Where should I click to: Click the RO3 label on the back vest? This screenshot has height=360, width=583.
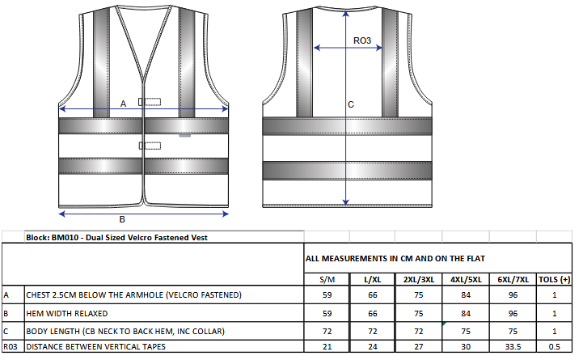(x=361, y=40)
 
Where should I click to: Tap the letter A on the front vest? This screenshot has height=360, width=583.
(x=123, y=104)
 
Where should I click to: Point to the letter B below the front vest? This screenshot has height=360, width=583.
(x=122, y=219)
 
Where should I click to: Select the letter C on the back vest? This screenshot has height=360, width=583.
(x=351, y=104)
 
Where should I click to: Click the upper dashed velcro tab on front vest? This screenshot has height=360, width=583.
(x=150, y=102)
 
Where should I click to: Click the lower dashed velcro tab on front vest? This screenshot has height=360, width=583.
(x=150, y=146)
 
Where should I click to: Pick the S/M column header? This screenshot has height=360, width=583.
(x=327, y=279)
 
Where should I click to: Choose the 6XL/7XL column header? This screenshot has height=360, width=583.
(x=513, y=279)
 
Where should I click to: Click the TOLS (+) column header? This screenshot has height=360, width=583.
(x=555, y=279)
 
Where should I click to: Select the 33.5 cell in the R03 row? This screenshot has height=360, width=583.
(x=513, y=346)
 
